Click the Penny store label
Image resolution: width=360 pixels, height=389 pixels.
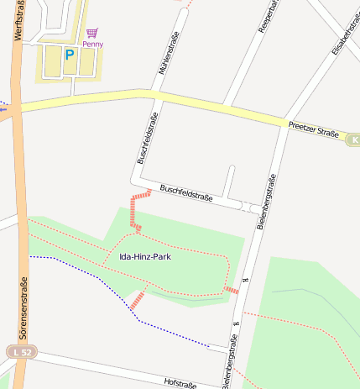coord(92,45)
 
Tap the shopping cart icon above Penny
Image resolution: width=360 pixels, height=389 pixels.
coord(91,33)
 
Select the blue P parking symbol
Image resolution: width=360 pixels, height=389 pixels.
coord(70,55)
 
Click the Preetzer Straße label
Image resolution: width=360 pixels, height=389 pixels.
coord(313,129)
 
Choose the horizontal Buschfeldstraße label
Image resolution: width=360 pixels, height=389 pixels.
coord(186,193)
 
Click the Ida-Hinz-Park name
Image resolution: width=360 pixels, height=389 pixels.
coord(146,256)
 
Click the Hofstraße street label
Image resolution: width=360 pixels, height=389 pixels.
coord(180,382)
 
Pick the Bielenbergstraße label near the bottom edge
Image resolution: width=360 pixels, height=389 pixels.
coord(230,361)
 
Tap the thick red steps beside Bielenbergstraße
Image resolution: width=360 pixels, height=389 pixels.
coord(231,290)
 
